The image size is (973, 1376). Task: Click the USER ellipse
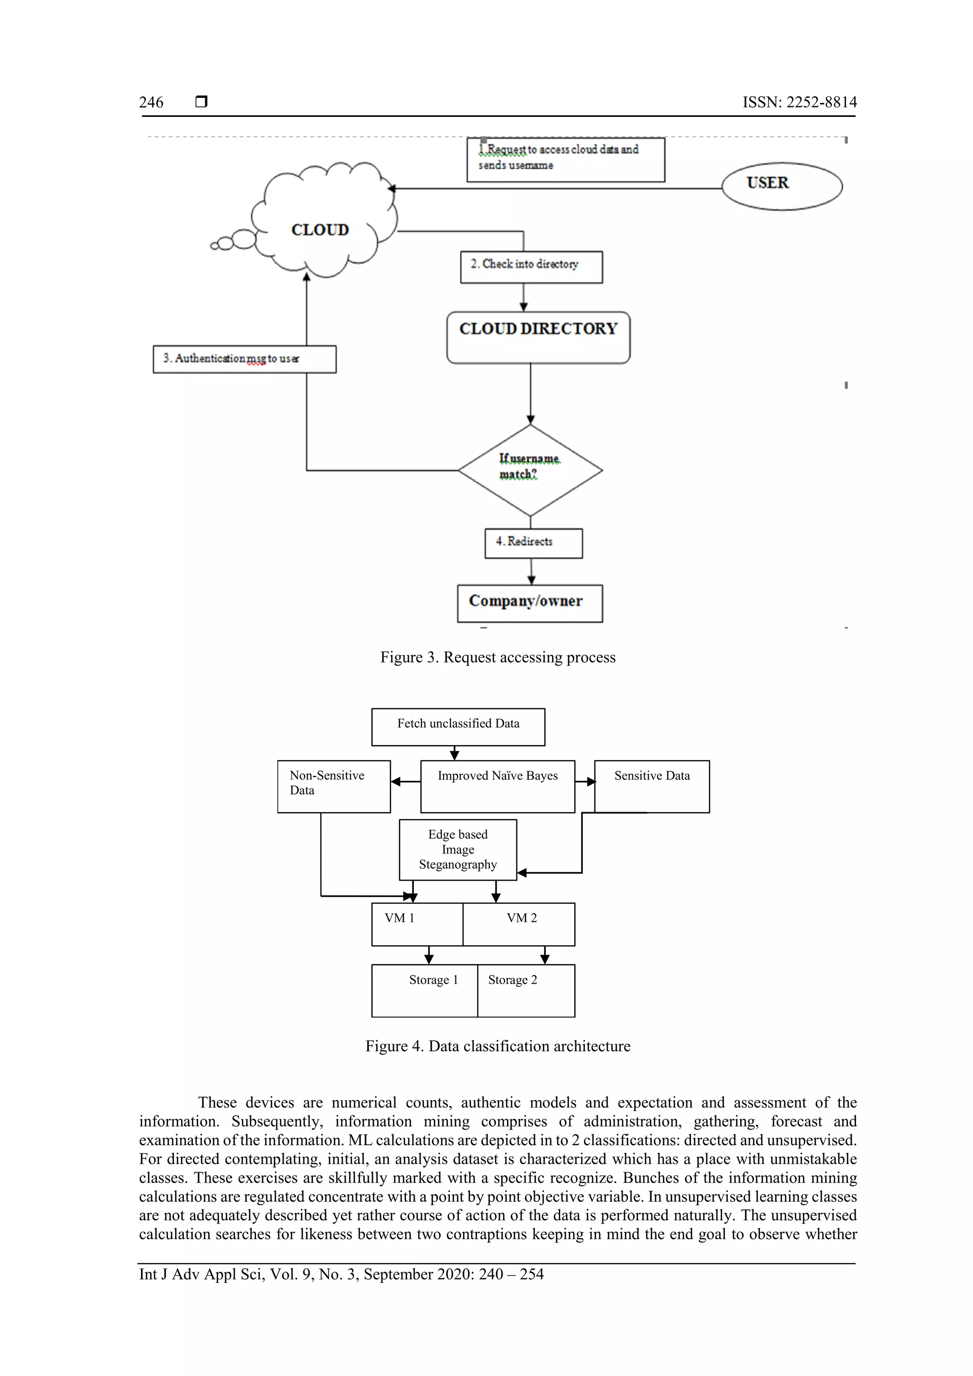[781, 186]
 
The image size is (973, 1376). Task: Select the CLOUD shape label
[320, 230]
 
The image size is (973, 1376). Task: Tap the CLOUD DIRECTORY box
[538, 337]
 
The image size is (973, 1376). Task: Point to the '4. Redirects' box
[533, 543]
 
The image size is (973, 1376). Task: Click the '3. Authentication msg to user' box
[244, 359]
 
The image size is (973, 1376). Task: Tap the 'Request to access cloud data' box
[565, 160]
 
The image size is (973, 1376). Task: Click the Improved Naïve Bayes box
[497, 786]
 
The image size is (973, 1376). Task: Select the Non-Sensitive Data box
[334, 786]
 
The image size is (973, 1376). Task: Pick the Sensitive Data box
[652, 786]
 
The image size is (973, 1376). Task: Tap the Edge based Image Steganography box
[458, 849]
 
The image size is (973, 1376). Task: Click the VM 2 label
[521, 918]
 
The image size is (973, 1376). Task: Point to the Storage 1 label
[433, 979]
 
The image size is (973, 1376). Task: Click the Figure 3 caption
[497, 657]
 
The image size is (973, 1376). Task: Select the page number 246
[151, 103]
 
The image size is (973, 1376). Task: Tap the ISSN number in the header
[799, 103]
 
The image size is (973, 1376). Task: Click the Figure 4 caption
[497, 1046]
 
